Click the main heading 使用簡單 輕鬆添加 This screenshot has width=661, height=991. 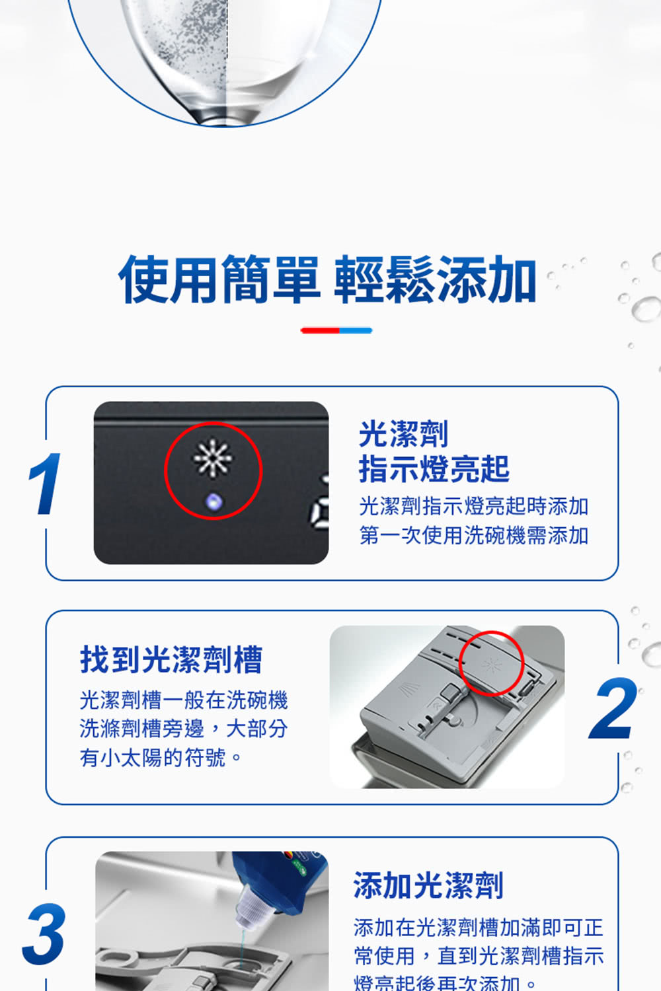tap(327, 280)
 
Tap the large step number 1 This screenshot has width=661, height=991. tap(45, 484)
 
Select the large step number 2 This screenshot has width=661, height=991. tap(613, 709)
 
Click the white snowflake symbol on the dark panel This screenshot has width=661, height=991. tap(212, 457)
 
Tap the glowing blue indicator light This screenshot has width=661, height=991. tap(213, 501)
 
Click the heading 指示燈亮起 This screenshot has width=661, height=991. tap(434, 469)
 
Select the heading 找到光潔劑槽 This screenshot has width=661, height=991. tap(171, 659)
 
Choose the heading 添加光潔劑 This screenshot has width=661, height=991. tap(428, 885)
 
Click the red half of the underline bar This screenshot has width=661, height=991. tap(321, 330)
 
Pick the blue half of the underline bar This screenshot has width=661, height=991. tap(356, 330)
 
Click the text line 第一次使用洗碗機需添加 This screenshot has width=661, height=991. tap(473, 535)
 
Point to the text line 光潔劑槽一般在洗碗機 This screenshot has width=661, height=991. tap(184, 700)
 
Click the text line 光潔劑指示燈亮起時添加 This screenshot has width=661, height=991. tap(473, 506)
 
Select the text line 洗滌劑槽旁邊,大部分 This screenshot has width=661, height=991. tap(184, 729)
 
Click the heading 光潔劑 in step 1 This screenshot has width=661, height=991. tap(403, 434)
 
